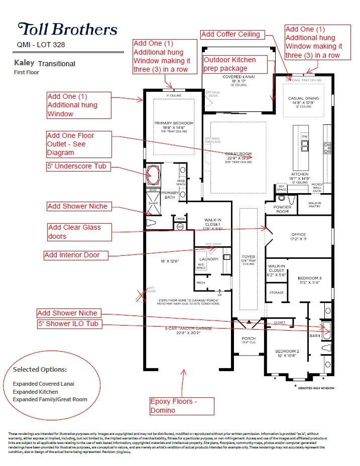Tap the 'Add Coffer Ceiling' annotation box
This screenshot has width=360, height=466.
(230, 35)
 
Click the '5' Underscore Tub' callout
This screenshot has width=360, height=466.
(77, 167)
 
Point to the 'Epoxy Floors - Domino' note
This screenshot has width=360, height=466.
(174, 406)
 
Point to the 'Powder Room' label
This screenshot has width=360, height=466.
(282, 209)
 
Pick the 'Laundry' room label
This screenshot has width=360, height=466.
(209, 259)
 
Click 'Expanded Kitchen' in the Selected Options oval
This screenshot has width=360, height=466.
(35, 391)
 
